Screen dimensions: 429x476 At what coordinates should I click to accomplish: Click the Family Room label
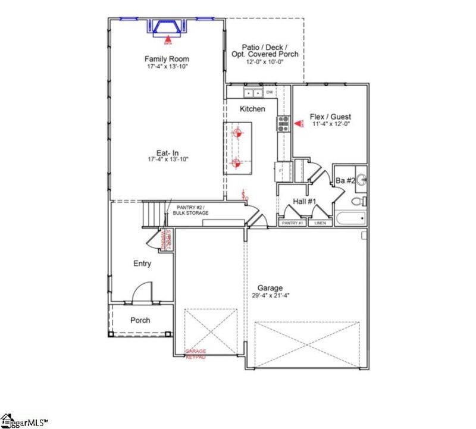point(167,59)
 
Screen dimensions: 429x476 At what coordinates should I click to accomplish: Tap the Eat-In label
point(167,152)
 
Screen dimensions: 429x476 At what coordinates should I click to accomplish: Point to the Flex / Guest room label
point(330,117)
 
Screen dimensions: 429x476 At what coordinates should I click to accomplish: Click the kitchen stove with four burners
point(283,124)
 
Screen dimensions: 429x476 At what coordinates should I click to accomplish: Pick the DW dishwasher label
point(269,92)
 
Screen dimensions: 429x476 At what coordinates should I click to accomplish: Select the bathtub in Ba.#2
point(350,218)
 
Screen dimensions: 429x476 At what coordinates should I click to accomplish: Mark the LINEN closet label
point(320,223)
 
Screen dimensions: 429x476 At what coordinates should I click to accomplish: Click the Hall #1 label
point(304,202)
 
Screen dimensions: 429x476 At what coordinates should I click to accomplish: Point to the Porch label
point(140,320)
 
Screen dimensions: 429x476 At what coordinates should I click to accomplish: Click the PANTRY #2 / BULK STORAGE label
point(192,209)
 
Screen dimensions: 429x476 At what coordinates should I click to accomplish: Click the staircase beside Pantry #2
point(153,214)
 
